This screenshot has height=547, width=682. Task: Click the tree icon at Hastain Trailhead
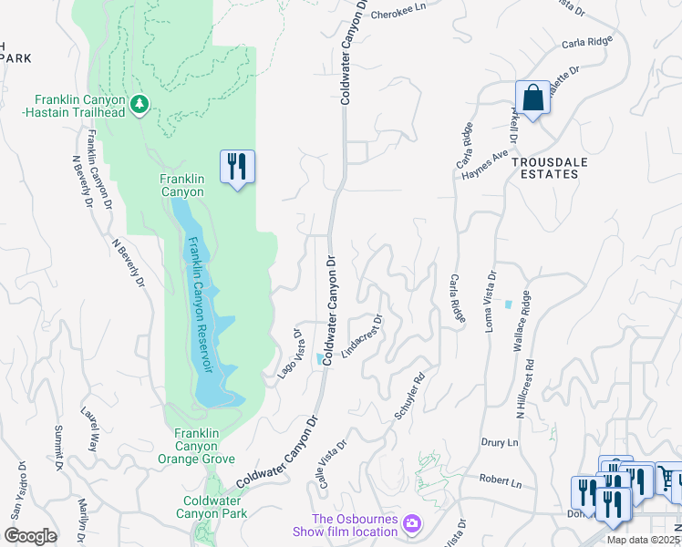pyautogui.click(x=139, y=105)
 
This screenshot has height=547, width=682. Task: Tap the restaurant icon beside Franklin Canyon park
pyautogui.click(x=237, y=167)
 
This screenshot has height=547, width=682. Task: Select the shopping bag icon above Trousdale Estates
pyautogui.click(x=532, y=98)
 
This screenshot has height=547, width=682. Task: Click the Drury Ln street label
pyautogui.click(x=500, y=442)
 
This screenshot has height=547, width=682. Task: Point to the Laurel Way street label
pyautogui.click(x=89, y=428)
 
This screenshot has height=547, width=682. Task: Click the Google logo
pyautogui.click(x=31, y=536)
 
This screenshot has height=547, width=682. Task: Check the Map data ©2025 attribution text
pyautogui.click(x=642, y=540)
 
